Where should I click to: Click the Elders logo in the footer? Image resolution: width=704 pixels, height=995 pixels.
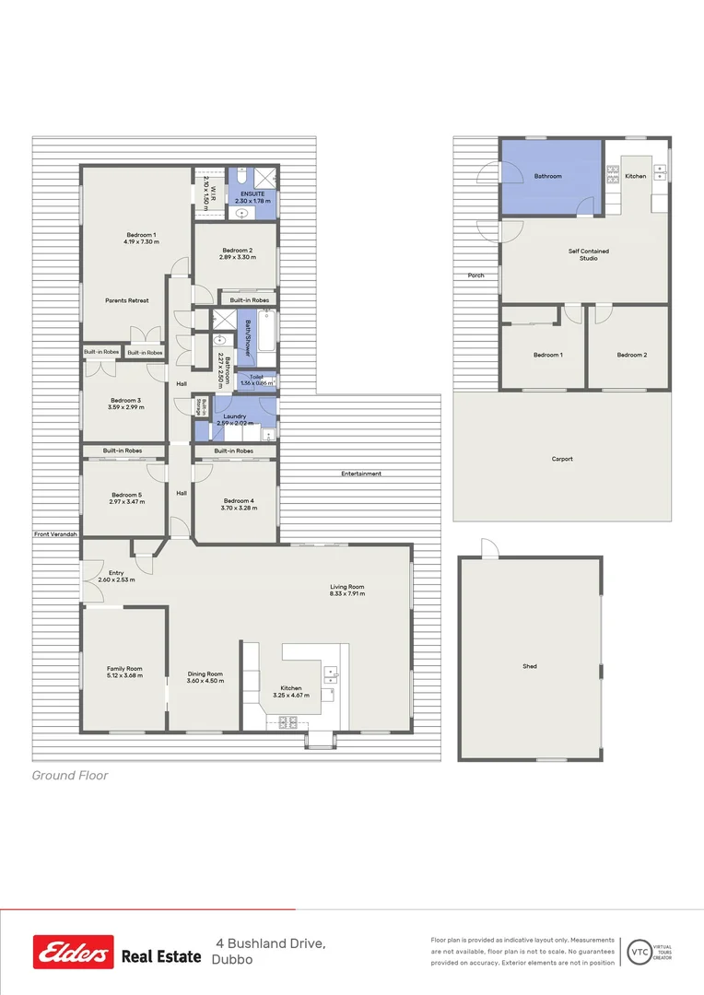(x=74, y=952)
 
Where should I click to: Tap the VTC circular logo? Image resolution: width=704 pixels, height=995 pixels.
(x=638, y=951)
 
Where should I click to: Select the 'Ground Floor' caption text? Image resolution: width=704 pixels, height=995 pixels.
(x=70, y=776)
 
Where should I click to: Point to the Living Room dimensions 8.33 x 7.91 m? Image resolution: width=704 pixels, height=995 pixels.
(x=348, y=594)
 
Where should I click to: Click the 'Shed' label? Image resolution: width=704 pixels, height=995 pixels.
(x=530, y=666)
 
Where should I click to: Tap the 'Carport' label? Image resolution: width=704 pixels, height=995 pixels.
(x=562, y=459)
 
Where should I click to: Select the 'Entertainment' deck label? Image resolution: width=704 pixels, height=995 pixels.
(x=361, y=474)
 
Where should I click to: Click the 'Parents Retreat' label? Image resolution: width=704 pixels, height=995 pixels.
(x=127, y=300)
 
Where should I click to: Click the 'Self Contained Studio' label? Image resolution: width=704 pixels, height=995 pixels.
(x=588, y=254)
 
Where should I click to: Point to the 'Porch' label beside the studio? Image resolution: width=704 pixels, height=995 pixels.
(x=475, y=275)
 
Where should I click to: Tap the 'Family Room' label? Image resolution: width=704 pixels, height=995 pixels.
(x=124, y=669)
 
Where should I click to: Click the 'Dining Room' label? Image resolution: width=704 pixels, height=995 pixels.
(x=205, y=673)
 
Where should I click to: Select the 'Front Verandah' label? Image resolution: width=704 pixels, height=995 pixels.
(x=55, y=534)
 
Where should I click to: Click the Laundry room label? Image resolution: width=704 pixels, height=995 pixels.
(x=234, y=416)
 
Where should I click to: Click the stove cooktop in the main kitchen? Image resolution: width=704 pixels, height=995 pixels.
(x=287, y=721)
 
